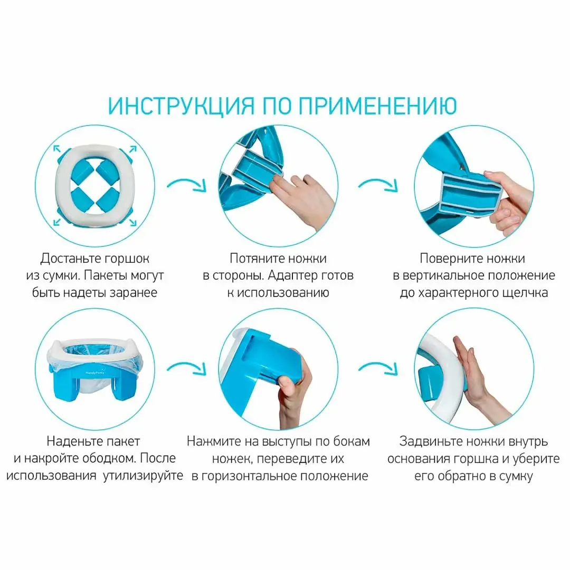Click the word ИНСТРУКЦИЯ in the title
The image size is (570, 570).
pyautogui.click(x=182, y=106)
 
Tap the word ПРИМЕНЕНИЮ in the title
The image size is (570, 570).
pyautogui.click(x=378, y=106)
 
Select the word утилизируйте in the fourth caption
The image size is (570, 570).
pyautogui.click(x=143, y=476)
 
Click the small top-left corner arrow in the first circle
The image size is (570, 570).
pyautogui.click(x=57, y=149)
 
